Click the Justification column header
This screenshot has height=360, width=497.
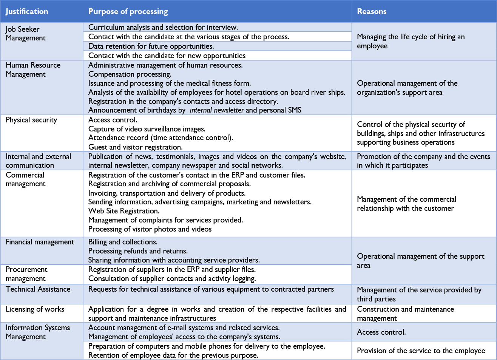27,11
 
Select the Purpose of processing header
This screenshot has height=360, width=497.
128,11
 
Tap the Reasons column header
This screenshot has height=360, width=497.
372,11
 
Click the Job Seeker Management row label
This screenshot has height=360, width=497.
25,34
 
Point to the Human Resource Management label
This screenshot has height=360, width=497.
33,70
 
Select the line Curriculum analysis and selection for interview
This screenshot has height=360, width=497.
163,27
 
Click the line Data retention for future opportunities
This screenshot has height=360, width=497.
151,46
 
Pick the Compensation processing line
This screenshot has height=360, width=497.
130,74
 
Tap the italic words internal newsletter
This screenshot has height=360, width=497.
216,110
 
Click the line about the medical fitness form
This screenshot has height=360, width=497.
169,83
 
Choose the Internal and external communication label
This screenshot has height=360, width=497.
38,161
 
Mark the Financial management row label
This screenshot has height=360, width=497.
40,242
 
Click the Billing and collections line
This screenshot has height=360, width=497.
123,242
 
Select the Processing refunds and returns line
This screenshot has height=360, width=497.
138,251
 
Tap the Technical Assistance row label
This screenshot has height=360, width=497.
38,289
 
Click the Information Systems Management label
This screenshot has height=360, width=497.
37,332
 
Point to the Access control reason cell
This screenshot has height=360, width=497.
381,332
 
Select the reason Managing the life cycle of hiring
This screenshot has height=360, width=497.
411,41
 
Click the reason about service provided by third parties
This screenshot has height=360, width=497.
419,294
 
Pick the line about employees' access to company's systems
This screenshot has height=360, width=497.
184,337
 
